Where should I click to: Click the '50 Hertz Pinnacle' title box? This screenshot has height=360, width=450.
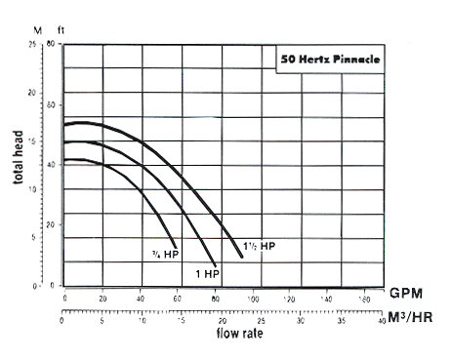pos(323,59)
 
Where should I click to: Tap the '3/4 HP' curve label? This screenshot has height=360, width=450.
pos(165,255)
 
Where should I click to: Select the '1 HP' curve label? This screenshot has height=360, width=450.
pos(207,273)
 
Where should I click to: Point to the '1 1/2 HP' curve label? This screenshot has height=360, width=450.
pos(260,246)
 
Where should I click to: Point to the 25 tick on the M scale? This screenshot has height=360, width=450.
pos(35,45)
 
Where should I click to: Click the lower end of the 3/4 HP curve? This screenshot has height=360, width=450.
pos(176,247)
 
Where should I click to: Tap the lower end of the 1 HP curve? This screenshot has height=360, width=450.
pos(216,264)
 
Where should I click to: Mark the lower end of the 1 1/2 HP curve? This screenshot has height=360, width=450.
pos(242,256)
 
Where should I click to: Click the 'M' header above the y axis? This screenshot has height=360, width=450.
pos(37,30)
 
